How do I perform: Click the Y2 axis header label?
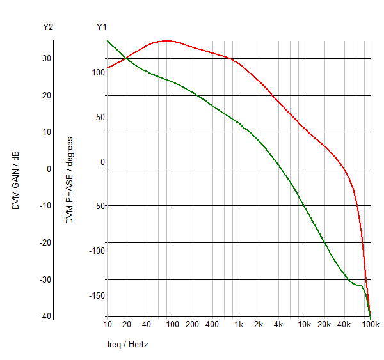48,27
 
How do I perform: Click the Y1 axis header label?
102,27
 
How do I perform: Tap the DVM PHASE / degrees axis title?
70,180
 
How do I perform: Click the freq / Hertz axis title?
128,344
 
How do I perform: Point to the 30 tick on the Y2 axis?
47,58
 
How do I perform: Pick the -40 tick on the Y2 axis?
45,317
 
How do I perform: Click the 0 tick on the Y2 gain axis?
49,169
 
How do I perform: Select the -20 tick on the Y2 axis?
45,242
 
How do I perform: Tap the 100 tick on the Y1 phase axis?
98,72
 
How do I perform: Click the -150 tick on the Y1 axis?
97,295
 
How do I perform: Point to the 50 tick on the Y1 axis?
100,117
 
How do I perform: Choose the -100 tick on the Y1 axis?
97,251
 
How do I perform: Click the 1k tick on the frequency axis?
239,324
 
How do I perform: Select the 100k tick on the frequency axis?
371,324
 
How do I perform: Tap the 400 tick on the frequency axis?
212,324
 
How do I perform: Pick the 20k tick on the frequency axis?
324,324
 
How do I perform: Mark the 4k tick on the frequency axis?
278,324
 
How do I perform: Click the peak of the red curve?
166,41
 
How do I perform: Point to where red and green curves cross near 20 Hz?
125,59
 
